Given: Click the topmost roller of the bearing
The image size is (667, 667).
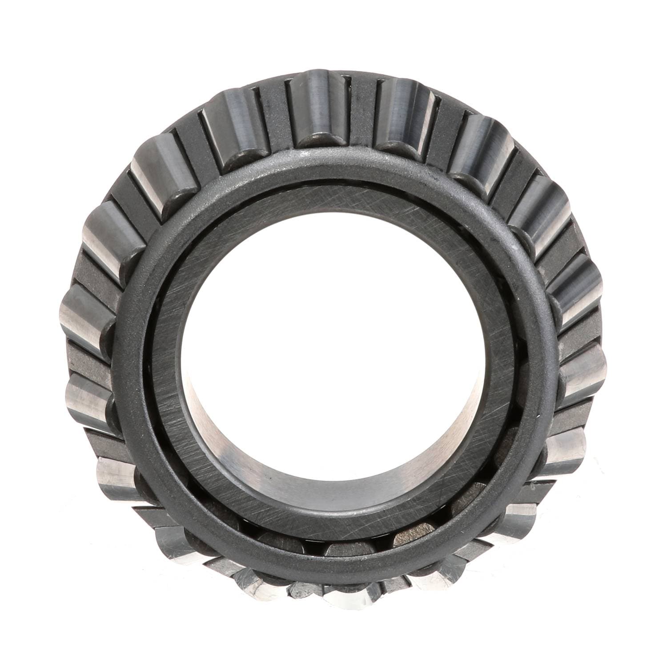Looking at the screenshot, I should point(317,109).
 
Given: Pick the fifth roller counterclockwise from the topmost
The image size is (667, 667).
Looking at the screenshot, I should point(89,400).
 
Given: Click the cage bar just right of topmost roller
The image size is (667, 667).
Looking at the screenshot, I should point(361,113).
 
